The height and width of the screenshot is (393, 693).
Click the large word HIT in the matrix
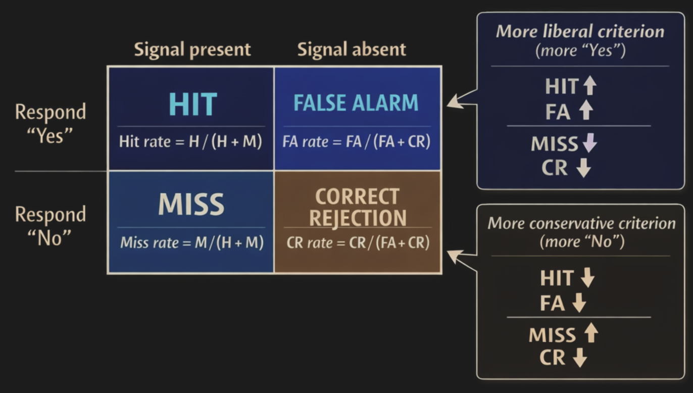[192, 104]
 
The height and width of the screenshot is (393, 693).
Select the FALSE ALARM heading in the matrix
[356, 103]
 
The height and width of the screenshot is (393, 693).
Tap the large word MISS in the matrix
[191, 205]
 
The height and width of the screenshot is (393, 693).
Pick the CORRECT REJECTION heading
[358, 207]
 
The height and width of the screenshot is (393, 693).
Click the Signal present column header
[192, 50]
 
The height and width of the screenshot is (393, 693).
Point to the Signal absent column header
[352, 50]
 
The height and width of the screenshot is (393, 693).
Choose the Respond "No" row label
[50, 226]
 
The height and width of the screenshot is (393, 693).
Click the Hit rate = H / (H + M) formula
[191, 141]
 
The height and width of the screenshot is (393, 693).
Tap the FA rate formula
[357, 141]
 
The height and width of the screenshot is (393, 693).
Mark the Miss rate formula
[192, 243]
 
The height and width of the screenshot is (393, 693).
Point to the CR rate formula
[358, 243]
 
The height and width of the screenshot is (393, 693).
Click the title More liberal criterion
[580, 32]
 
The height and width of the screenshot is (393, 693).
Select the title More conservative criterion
[581, 223]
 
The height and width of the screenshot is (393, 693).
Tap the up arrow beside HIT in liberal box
[589, 87]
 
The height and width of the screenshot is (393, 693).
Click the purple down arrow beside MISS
[589, 144]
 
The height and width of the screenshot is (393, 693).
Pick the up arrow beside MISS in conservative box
[590, 334]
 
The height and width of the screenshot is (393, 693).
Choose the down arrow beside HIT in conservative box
[587, 278]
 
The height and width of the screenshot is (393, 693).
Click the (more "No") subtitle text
[582, 242]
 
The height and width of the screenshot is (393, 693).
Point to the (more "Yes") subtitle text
[580, 51]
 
